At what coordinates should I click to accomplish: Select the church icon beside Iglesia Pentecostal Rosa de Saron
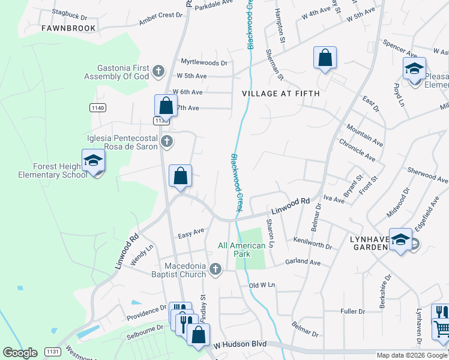[167, 142]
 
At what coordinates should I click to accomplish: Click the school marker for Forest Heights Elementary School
[94, 161]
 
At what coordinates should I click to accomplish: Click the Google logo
[20, 353]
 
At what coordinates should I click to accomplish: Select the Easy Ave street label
[191, 231]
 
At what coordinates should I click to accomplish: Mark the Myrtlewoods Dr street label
[204, 62]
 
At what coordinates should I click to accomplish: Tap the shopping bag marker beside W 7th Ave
[166, 106]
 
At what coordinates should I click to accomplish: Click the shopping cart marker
[441, 329]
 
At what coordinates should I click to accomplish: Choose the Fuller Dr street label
[352, 311]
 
